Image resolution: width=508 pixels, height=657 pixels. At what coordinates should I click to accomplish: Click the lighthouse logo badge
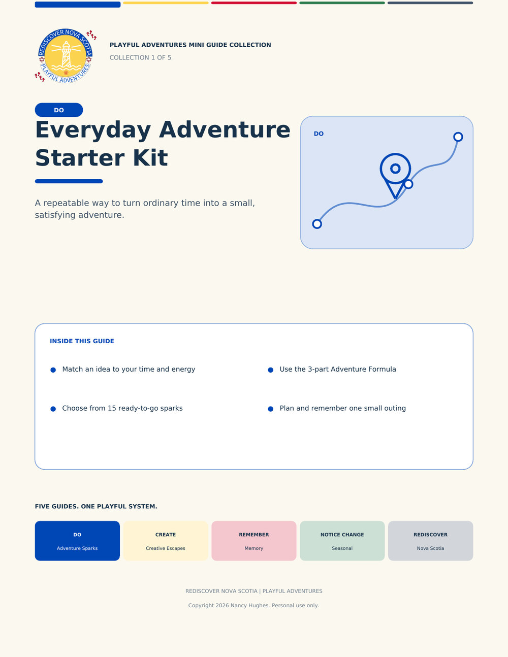pyautogui.click(x=66, y=56)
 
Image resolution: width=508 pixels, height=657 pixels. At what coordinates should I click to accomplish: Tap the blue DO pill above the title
pyautogui.click(x=59, y=110)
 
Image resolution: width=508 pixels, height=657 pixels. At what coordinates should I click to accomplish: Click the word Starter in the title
pyautogui.click(x=80, y=158)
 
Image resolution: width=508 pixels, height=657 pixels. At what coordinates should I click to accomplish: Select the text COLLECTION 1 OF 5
pyautogui.click(x=140, y=57)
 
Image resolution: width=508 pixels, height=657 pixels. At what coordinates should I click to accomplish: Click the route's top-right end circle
pyautogui.click(x=458, y=137)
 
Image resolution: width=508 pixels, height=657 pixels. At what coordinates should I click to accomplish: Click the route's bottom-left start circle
pyautogui.click(x=317, y=224)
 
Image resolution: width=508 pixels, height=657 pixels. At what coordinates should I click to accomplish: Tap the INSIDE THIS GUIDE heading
pyautogui.click(x=82, y=341)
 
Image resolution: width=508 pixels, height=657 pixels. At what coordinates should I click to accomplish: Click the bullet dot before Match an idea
pyautogui.click(x=53, y=370)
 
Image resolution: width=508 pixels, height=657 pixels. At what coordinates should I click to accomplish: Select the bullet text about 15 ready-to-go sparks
pyautogui.click(x=122, y=408)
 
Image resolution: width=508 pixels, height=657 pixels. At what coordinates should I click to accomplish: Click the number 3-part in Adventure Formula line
pyautogui.click(x=318, y=369)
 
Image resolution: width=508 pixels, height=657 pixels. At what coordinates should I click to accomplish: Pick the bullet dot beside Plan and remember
pyautogui.click(x=271, y=409)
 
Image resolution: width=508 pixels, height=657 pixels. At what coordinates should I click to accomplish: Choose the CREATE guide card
pyautogui.click(x=166, y=541)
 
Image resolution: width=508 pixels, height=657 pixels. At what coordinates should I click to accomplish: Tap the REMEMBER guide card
pyautogui.click(x=254, y=541)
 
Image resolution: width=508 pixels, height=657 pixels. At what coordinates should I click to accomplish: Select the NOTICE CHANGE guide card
pyautogui.click(x=342, y=541)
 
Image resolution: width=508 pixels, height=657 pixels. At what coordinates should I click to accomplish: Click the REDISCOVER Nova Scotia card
pyautogui.click(x=431, y=541)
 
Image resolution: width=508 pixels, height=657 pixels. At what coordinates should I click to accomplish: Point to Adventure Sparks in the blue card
pyautogui.click(x=77, y=548)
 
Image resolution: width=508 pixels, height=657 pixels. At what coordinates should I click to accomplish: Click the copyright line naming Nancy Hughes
pyautogui.click(x=254, y=605)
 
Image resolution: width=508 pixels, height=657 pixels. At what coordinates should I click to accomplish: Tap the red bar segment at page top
pyautogui.click(x=254, y=3)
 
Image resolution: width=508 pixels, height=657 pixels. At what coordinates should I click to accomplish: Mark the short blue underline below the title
pyautogui.click(x=69, y=181)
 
